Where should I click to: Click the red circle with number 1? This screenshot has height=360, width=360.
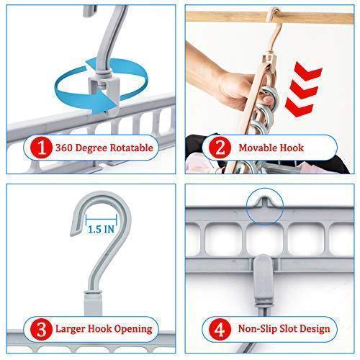click(x=41, y=148)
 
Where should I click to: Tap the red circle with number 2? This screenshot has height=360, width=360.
click(x=220, y=148)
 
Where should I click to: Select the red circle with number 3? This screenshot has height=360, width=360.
click(x=41, y=329)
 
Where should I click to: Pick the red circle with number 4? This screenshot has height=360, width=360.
click(x=220, y=329)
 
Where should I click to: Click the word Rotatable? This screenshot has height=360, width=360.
click(x=132, y=148)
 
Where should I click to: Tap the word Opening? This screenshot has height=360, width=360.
click(x=132, y=329)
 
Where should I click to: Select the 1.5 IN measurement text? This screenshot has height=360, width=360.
click(x=102, y=229)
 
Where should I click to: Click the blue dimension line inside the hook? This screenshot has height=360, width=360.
click(x=102, y=219)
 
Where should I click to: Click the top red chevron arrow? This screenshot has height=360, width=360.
click(x=307, y=71)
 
